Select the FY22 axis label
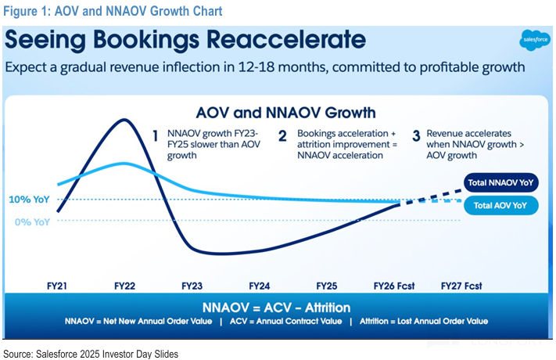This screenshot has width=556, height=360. click(x=125, y=286)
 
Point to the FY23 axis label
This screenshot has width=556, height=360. click(x=193, y=286)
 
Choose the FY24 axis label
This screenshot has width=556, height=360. click(x=260, y=286)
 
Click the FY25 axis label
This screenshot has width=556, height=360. click(x=327, y=286)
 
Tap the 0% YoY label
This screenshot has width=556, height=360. click(x=34, y=221)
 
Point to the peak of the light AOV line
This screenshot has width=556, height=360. click(x=125, y=164)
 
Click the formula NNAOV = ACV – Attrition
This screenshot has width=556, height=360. click(x=277, y=308)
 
